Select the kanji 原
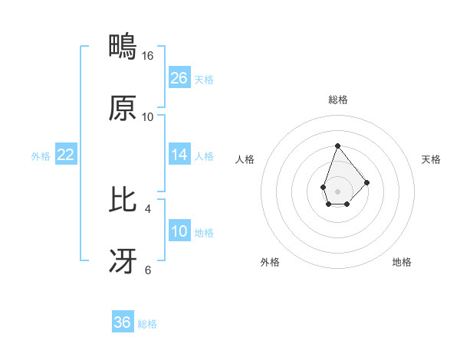tap(123, 109)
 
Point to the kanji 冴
tap(123, 261)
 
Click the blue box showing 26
tap(179, 78)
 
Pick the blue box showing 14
tap(179, 155)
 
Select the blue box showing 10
tap(179, 231)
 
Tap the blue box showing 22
tap(66, 155)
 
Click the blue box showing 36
tap(123, 322)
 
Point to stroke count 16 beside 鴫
tap(148, 56)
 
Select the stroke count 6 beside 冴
tap(148, 270)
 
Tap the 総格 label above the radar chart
tap(337, 100)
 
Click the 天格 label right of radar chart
tap(432, 159)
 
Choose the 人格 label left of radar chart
tap(245, 159)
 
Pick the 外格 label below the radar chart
tap(270, 262)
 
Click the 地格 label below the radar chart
tap(402, 262)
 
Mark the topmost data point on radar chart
tap(337, 146)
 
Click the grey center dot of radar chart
tap(337, 190)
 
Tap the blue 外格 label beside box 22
tap(41, 155)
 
